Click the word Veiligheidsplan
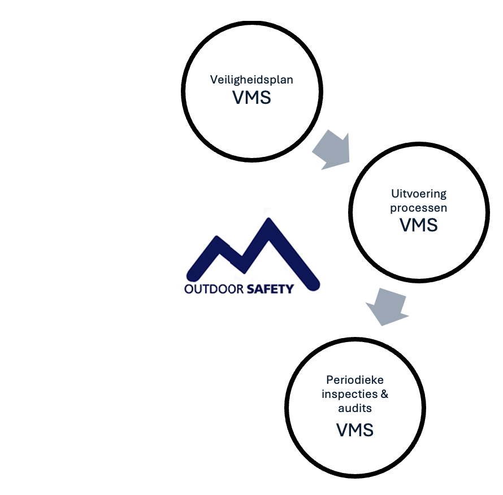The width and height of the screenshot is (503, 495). tap(251, 80)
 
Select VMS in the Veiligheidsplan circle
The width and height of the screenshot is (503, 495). tap(251, 98)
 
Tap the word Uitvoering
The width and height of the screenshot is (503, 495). tap(419, 194)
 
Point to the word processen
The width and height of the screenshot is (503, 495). tap(419, 208)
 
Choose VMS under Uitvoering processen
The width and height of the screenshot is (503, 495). tap(419, 225)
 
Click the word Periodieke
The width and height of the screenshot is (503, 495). tap(355, 379)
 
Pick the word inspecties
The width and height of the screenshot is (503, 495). tap(348, 393)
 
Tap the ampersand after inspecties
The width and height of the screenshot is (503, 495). tap(384, 393)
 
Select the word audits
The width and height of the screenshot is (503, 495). tap(355, 408)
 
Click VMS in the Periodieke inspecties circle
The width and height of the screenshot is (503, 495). tap(355, 430)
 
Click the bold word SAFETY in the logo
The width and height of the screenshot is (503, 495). tap(271, 290)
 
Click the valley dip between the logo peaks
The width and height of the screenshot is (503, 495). tap(244, 257)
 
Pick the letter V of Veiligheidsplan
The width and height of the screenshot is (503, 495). tap(214, 80)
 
